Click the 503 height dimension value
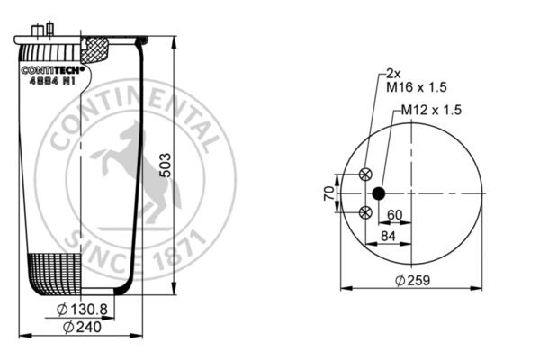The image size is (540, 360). coord(166,166)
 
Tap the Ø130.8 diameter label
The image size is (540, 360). coord(82,310)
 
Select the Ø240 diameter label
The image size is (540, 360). coord(82,327)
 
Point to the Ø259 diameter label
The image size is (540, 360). coord(412,280)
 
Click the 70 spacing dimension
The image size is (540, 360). coord(329,193)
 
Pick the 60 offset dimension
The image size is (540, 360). coord(395,215)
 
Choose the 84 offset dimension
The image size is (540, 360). coord(388,236)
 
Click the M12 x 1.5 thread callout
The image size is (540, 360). coord(431,110)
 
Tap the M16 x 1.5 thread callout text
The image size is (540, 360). coord(417,87)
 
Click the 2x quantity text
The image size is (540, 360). coord(393,73)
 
